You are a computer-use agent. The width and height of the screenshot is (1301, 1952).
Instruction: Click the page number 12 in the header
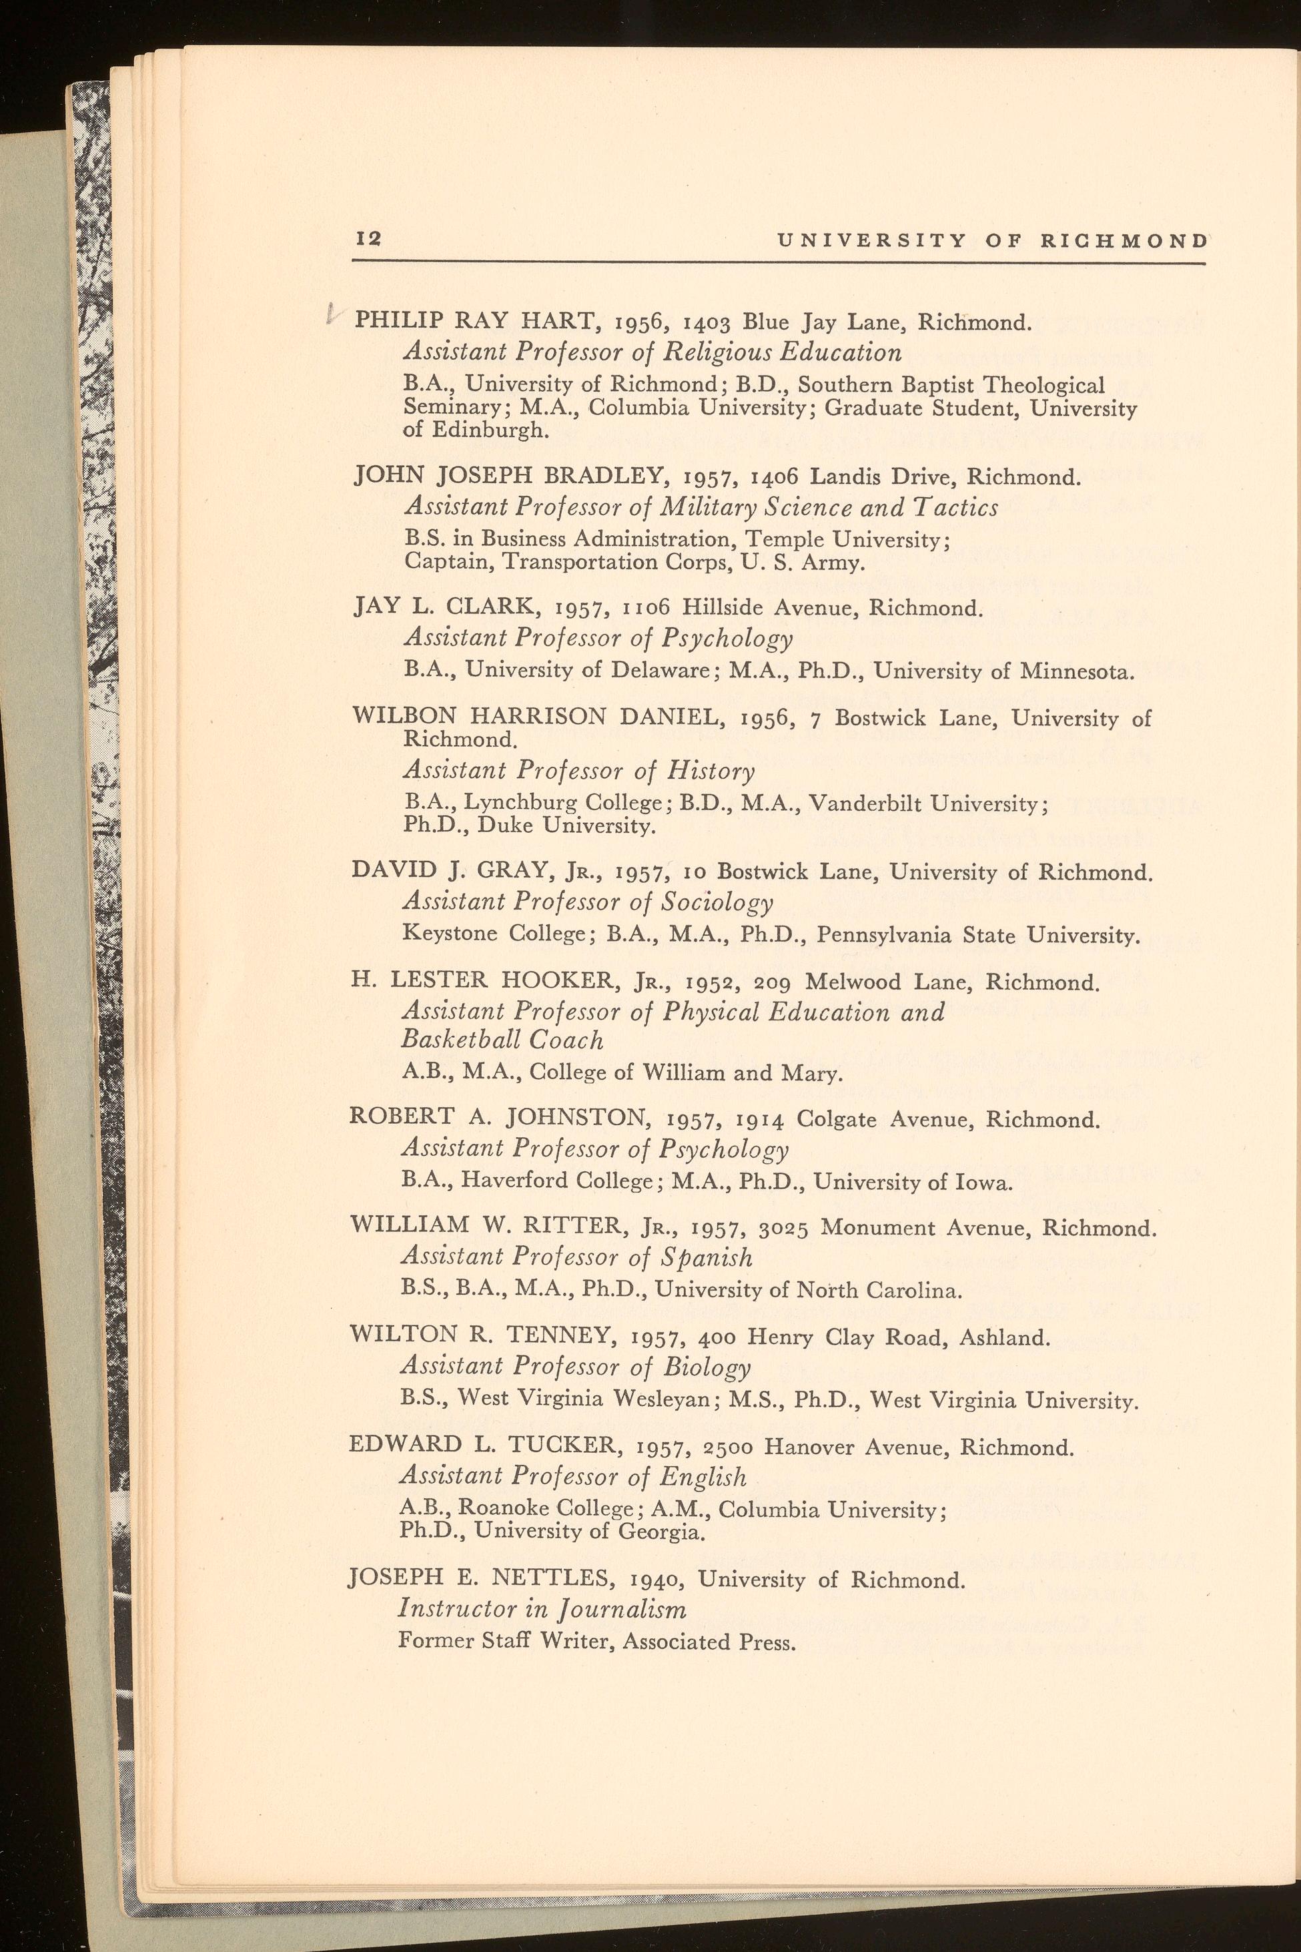tap(368, 239)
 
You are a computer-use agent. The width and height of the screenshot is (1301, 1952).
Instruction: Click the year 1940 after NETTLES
tap(657, 1580)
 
